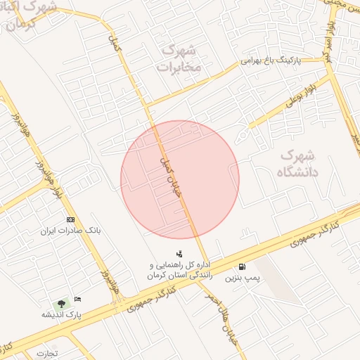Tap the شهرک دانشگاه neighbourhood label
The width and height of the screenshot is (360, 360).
point(298,162)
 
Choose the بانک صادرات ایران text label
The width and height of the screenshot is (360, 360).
point(71,230)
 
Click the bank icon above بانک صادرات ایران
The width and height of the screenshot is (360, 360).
point(70,219)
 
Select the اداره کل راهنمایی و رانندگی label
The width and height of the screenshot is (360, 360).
point(180,271)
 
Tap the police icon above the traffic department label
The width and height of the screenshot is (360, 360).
point(179,254)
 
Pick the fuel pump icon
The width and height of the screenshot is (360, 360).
point(243,267)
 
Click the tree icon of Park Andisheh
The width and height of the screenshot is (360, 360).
point(62,304)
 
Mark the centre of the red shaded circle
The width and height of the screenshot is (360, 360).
point(180,179)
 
